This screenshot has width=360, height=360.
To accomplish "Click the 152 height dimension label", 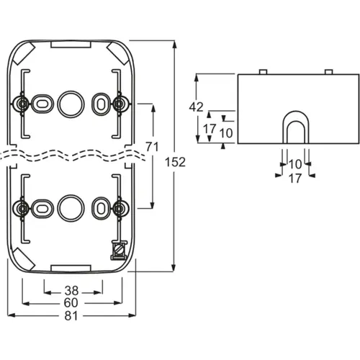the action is pyautogui.click(x=175, y=163).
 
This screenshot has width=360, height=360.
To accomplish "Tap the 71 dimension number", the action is pyautogui.click(x=152, y=147).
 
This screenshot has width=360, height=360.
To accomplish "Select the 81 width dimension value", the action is pyautogui.click(x=71, y=316).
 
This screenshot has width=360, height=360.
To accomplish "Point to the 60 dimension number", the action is pyautogui.click(x=71, y=303).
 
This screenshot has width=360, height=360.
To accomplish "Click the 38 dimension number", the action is pyautogui.click(x=71, y=291).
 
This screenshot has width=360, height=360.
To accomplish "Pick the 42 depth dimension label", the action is pyautogui.click(x=196, y=107).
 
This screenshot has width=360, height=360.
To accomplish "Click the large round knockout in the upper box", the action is pyautogui.click(x=71, y=104).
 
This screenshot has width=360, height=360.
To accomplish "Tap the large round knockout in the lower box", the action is pyautogui.click(x=71, y=208).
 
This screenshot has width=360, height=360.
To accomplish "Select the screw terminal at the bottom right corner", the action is pyautogui.click(x=118, y=250).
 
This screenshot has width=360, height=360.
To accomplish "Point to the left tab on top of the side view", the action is pyautogui.click(x=264, y=72).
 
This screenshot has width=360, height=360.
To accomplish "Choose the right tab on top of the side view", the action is pyautogui.click(x=328, y=72).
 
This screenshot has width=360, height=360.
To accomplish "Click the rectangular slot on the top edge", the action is pyautogui.click(x=71, y=44).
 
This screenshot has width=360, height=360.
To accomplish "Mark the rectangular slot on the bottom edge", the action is pyautogui.click(x=71, y=269).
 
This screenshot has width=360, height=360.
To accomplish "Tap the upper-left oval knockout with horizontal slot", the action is pyautogui.click(x=42, y=104).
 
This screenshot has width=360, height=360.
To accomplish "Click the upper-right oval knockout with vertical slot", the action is pyautogui.click(x=102, y=104).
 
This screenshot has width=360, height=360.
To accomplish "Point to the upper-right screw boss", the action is pyautogui.click(x=119, y=104).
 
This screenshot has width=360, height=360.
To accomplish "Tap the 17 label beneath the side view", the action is pyautogui.click(x=295, y=179).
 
